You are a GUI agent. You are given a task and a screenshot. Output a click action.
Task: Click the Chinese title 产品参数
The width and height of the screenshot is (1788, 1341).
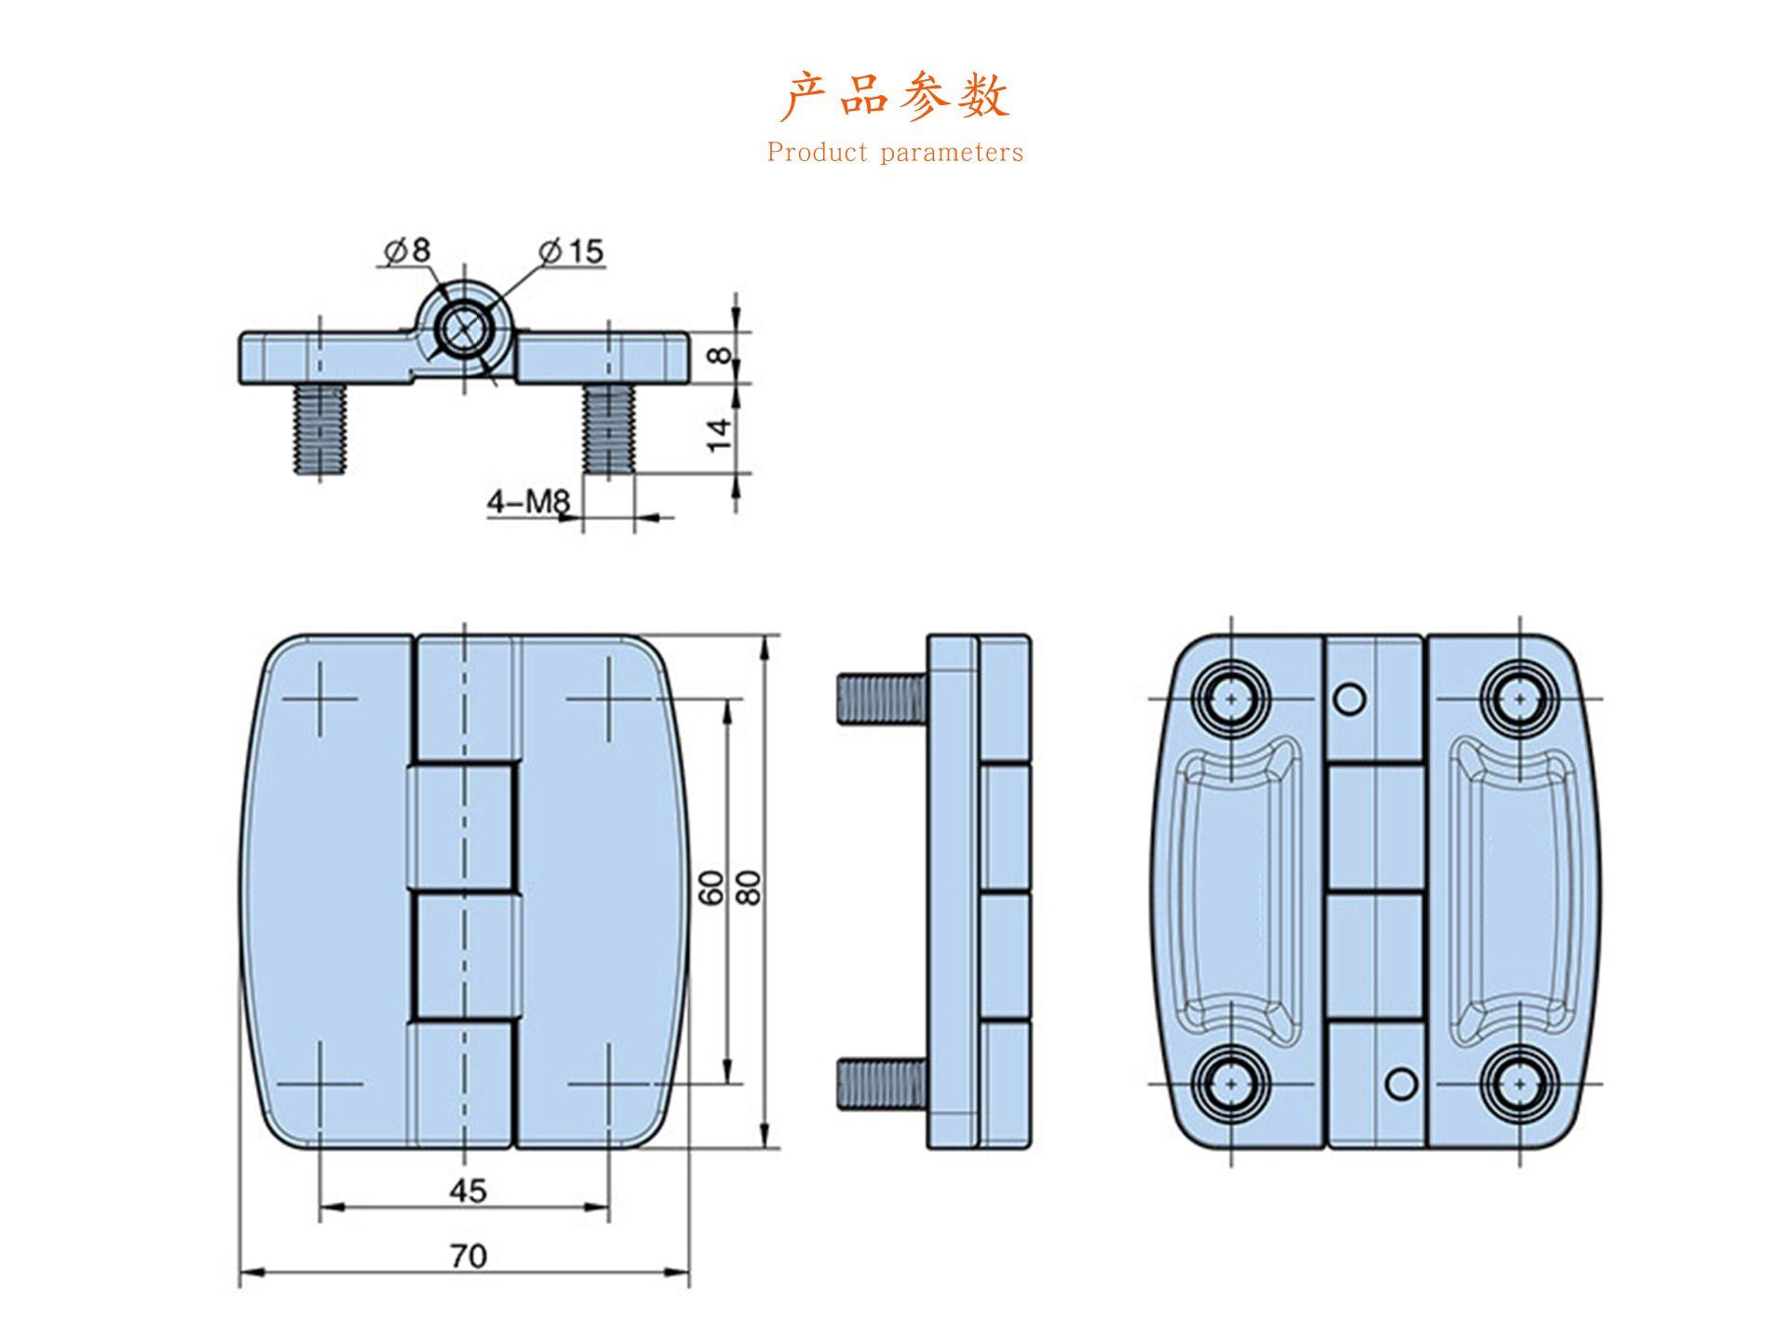point(894,97)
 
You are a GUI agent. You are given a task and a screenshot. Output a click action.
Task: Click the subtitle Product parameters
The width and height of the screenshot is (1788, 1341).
point(894,153)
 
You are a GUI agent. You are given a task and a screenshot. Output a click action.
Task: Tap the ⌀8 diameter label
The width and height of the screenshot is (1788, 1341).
point(408,251)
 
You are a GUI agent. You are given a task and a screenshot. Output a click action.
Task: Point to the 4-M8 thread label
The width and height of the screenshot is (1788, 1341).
point(528,503)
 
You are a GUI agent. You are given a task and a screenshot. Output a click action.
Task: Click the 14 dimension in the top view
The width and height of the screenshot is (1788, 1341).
point(720,434)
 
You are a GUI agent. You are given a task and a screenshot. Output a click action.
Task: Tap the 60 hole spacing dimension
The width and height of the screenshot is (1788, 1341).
point(711,887)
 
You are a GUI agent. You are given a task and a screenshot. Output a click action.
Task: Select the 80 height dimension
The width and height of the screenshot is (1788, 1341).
point(750,887)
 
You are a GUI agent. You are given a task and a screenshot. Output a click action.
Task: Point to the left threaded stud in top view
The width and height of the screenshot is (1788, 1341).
point(319,430)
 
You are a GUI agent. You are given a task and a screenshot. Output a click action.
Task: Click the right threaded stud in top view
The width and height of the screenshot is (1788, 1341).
point(609,430)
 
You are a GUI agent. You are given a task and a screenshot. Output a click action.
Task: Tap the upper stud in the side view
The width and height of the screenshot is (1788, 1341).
point(880,697)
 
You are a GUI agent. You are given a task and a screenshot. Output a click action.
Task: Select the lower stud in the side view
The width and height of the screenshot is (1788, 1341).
point(880,1084)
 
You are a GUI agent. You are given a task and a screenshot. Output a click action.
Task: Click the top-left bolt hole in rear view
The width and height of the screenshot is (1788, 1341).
point(1232,698)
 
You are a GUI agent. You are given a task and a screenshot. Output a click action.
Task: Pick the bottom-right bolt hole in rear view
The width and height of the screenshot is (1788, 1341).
point(1520,1084)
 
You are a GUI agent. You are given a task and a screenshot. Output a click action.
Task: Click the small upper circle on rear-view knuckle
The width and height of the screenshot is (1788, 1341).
point(1349,698)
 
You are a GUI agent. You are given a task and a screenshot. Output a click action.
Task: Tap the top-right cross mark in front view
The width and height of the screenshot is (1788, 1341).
point(609,698)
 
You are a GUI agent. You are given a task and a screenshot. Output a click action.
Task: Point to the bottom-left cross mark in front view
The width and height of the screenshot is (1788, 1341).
point(319,1084)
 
